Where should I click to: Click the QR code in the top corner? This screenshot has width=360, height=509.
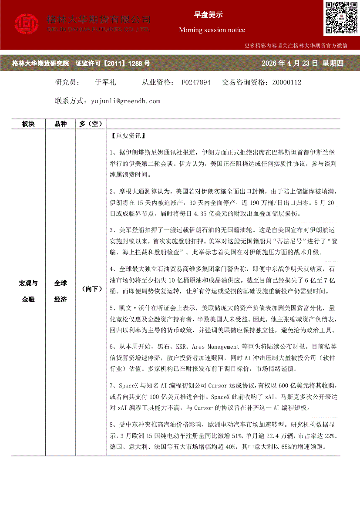click(341, 18)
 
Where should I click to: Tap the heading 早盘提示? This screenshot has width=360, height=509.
click(208, 15)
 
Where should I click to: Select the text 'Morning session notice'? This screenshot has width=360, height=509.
click(212, 30)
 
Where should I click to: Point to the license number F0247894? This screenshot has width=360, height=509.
click(196, 82)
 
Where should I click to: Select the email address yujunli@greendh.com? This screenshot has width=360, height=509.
click(126, 101)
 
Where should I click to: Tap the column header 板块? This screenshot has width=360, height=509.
click(28, 124)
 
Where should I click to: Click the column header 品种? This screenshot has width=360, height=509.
click(61, 124)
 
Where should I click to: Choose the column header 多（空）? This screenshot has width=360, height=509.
click(91, 124)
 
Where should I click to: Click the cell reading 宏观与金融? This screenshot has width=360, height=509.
click(28, 291)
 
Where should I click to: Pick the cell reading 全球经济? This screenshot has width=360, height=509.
click(61, 291)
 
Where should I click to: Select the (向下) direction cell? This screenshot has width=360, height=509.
click(91, 289)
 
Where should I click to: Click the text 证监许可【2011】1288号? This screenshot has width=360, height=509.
click(113, 64)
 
